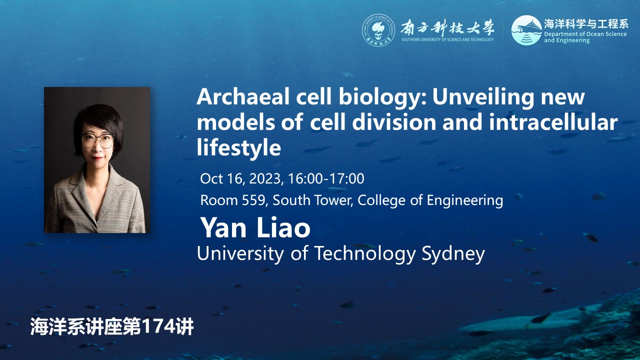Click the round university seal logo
(378, 30)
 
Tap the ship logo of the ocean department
(526, 30)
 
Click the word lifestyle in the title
(239, 147)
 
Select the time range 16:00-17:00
(326, 178)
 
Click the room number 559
(253, 200)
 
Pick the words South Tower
(311, 200)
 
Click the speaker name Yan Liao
(255, 227)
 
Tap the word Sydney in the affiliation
(453, 253)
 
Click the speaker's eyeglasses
(97, 140)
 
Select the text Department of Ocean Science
(585, 34)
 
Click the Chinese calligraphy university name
(447, 27)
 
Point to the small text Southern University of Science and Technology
(447, 39)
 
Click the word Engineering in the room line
(465, 200)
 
